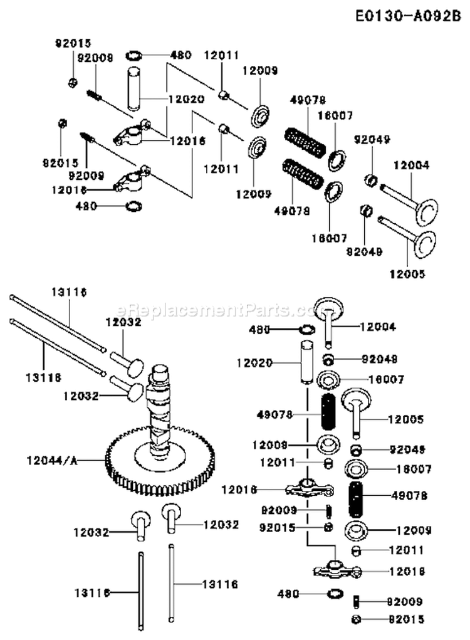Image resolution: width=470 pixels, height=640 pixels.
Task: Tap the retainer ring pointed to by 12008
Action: (x=326, y=444)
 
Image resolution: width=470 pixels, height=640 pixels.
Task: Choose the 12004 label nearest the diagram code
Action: (x=411, y=165)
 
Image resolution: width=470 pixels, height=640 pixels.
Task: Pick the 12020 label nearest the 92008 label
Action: (x=184, y=100)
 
